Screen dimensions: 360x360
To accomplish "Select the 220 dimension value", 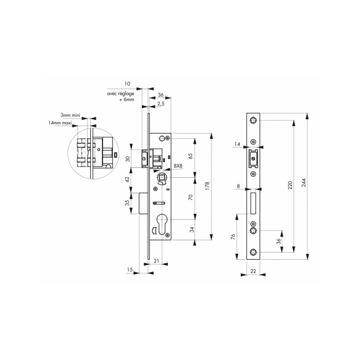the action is click(290, 185).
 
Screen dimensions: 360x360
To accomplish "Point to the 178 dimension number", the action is click(207, 186).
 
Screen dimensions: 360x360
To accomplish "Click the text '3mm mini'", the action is click(70, 115).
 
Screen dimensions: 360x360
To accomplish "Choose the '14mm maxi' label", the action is click(60, 122).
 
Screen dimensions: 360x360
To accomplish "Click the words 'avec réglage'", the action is click(121, 94).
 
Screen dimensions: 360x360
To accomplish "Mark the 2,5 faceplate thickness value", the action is click(161, 104).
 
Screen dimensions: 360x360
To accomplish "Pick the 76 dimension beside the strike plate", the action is click(233, 236).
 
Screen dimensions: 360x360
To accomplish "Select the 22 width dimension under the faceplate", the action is click(253, 271).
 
